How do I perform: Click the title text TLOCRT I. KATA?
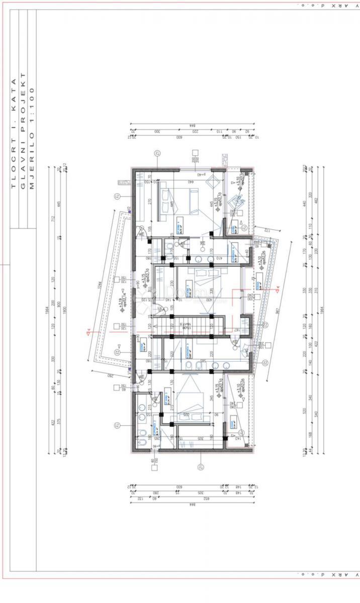pyautogui.click(x=14, y=133)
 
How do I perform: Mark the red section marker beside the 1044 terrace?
pyautogui.click(x=88, y=331)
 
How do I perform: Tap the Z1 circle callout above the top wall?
pyautogui.click(x=157, y=153)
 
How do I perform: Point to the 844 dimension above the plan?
pyautogui.click(x=191, y=125)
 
